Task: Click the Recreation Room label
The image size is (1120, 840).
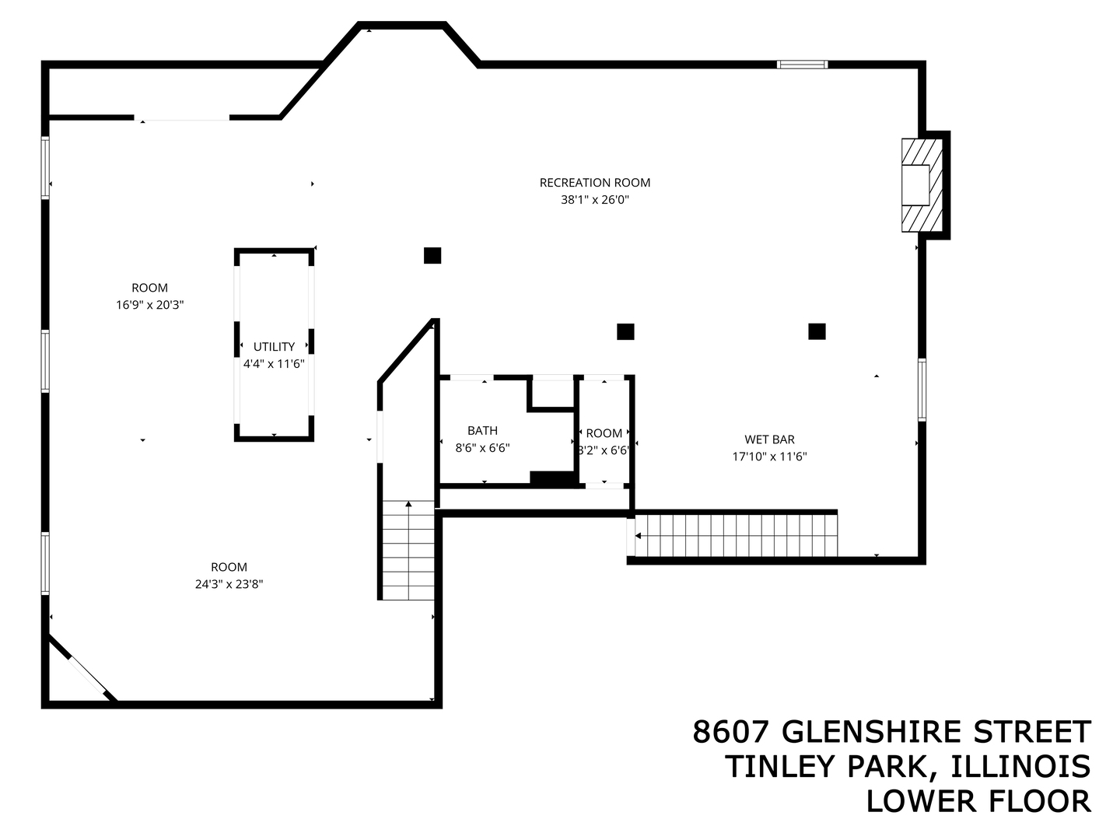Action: tap(595, 183)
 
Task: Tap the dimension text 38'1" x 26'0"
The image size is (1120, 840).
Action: tap(595, 200)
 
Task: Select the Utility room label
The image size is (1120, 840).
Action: tap(274, 347)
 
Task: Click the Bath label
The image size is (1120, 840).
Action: tap(482, 431)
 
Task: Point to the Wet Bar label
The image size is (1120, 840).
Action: tap(769, 439)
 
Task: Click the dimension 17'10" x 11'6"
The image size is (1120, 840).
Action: tap(769, 457)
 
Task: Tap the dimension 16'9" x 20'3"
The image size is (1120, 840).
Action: tap(149, 305)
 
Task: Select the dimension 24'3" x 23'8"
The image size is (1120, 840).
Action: tap(229, 584)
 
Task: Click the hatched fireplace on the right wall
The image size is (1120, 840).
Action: tap(922, 185)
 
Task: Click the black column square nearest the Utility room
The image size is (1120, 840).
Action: tap(432, 255)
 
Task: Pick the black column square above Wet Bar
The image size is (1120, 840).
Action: tap(817, 331)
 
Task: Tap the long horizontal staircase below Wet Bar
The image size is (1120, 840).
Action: tap(735, 536)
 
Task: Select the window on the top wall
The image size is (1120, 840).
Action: tap(802, 65)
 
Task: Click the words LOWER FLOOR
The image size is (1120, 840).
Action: tap(978, 801)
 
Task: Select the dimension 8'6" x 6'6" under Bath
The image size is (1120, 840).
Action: tap(482, 448)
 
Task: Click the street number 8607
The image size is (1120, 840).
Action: tap(731, 733)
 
